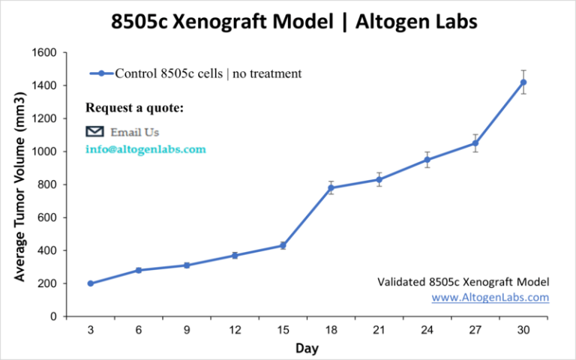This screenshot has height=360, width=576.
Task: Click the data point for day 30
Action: [x=523, y=82]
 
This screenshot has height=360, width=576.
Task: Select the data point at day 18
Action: [x=331, y=188]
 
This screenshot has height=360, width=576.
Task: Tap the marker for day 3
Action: [x=91, y=283]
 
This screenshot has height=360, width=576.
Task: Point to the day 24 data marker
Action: [x=427, y=160]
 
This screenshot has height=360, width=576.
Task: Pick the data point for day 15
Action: [x=283, y=245]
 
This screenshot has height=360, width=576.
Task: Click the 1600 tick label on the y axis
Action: [x=44, y=53]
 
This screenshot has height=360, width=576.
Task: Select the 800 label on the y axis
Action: [x=47, y=184]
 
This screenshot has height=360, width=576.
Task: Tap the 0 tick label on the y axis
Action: [x=54, y=316]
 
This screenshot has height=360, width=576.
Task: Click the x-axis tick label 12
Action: [x=235, y=330]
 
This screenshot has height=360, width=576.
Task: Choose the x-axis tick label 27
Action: [x=475, y=330]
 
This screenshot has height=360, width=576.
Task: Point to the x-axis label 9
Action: [x=187, y=330]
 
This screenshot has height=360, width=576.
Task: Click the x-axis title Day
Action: [x=307, y=348]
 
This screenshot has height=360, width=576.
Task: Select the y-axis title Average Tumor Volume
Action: [x=19, y=187]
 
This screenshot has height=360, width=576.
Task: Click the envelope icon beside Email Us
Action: [x=94, y=131]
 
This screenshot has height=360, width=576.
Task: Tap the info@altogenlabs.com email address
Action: [x=145, y=149]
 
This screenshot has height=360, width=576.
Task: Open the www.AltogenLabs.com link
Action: [x=490, y=297]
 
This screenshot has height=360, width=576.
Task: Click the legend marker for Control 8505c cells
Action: [x=102, y=73]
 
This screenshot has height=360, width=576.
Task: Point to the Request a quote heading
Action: [x=134, y=108]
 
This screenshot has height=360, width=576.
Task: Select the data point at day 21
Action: [x=379, y=180]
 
